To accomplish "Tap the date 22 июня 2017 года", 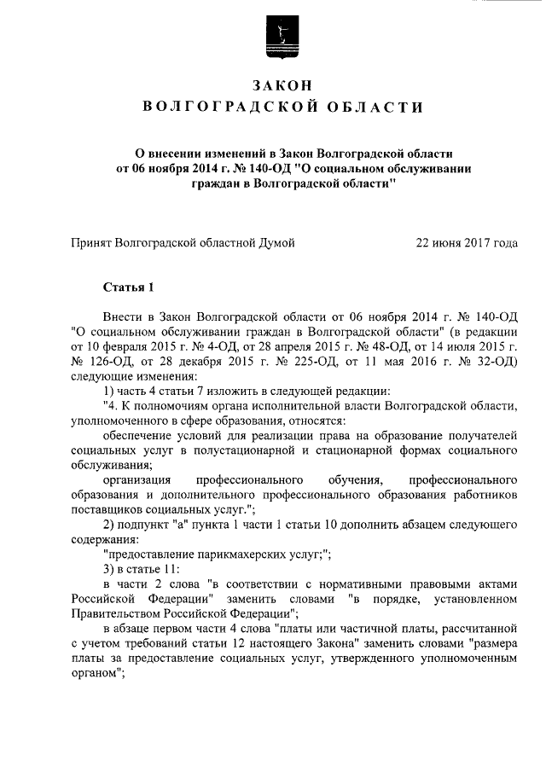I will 466,243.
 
